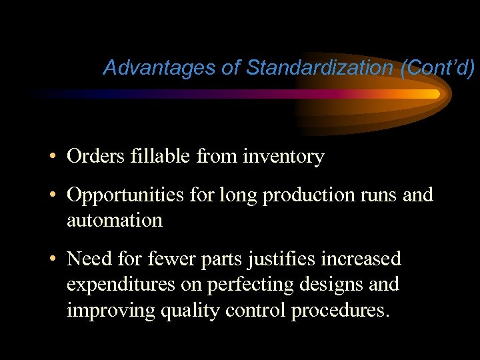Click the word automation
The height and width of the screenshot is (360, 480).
(x=114, y=220)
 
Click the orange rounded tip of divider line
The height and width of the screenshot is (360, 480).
(x=435, y=94)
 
